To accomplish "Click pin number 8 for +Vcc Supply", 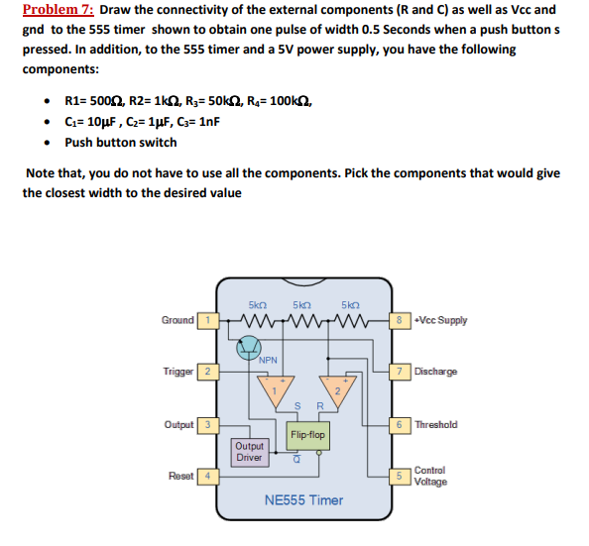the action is (x=398, y=320).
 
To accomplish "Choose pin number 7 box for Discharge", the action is (x=398, y=372).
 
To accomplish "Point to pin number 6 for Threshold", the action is (x=398, y=425).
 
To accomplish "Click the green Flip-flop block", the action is (x=307, y=434).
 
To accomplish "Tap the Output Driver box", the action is (x=249, y=453).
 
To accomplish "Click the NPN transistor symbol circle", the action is (x=246, y=347).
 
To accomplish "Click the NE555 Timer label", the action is (x=303, y=499).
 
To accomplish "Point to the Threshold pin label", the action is (x=436, y=425).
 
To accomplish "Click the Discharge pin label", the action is (x=437, y=372).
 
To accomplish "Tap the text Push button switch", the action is (x=121, y=143).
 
